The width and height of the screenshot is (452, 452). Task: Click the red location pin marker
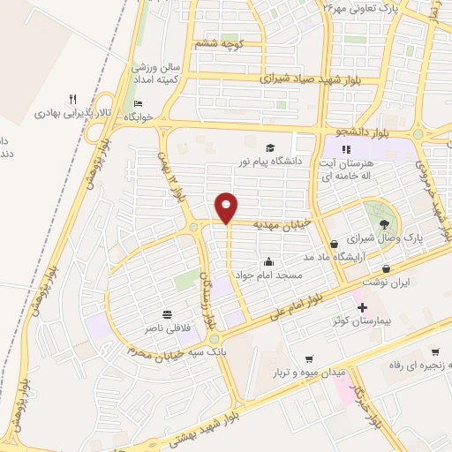click(228, 207)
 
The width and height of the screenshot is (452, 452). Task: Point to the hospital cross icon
click(362, 306)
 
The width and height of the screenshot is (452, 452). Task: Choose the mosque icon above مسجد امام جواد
click(268, 262)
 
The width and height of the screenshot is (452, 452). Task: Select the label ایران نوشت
click(387, 281)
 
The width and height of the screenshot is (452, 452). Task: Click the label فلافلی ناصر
click(167, 328)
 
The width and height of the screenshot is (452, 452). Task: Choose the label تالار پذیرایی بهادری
click(64, 113)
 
